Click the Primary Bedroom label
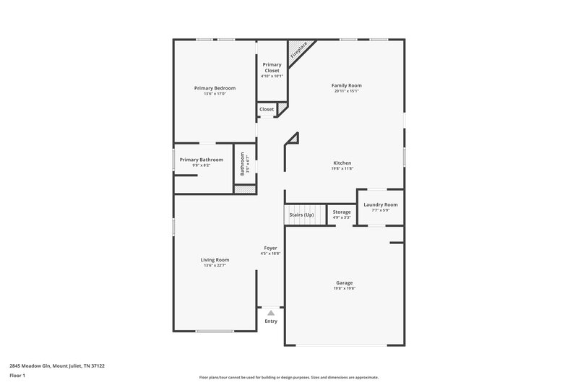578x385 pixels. pyautogui.click(x=215, y=88)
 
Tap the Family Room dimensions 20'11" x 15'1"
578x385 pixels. pyautogui.click(x=347, y=91)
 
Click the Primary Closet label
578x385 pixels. pyautogui.click(x=272, y=67)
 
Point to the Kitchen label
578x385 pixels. pyautogui.click(x=342, y=163)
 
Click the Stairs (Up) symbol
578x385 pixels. pyautogui.click(x=302, y=215)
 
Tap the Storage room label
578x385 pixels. pyautogui.click(x=342, y=212)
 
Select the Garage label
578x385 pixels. pyautogui.click(x=345, y=282)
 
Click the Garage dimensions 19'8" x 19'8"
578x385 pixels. pyautogui.click(x=345, y=288)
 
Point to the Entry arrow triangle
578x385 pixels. pyautogui.click(x=271, y=313)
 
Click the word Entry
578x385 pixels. pyautogui.click(x=271, y=321)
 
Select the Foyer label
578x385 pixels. pyautogui.click(x=270, y=248)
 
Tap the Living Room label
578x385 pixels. pyautogui.click(x=215, y=259)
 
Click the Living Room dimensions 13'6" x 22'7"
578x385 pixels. pyautogui.click(x=215, y=265)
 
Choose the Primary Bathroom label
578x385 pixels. pyautogui.click(x=202, y=160)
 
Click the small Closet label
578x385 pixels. pyautogui.click(x=267, y=109)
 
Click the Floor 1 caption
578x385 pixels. pyautogui.click(x=18, y=376)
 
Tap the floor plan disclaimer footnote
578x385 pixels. pyautogui.click(x=288, y=377)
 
